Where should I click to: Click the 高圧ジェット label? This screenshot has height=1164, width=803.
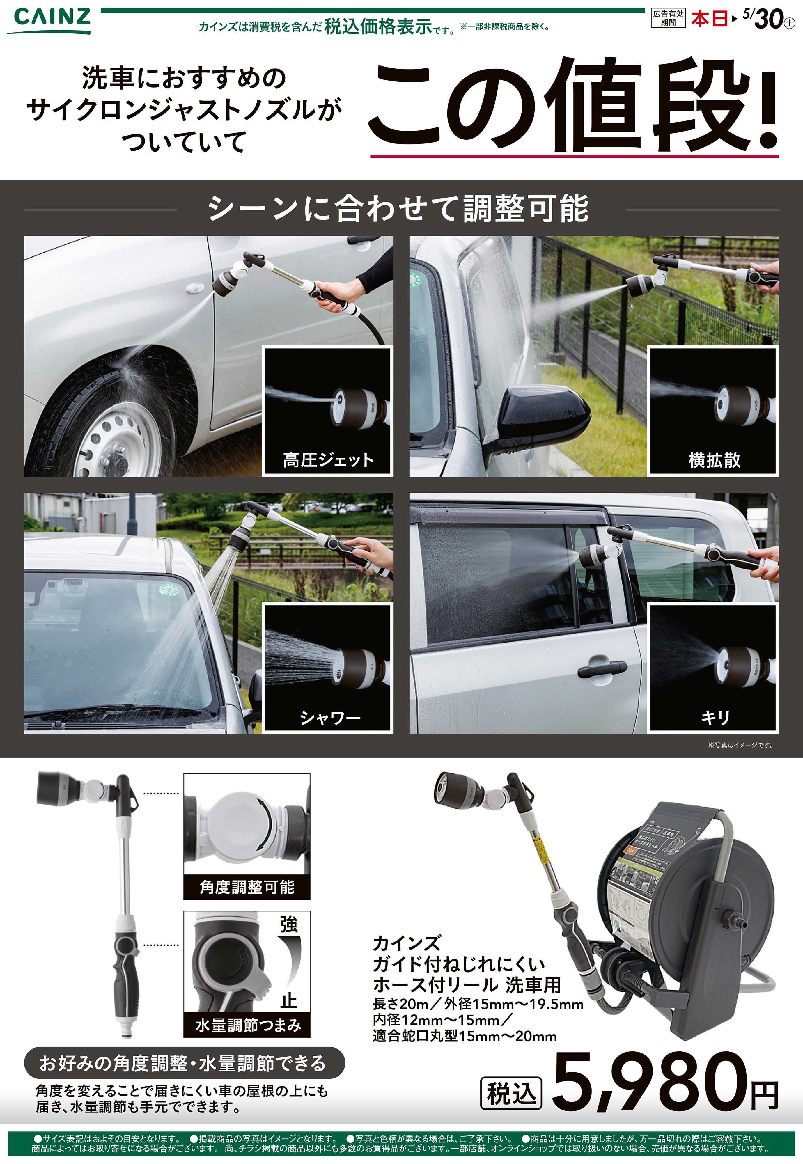coord(328,460)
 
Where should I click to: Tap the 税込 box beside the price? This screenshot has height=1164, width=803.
coord(511,1093)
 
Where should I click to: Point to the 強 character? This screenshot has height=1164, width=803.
coord(289,925)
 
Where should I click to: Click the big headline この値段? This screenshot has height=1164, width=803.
coord(574,106)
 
